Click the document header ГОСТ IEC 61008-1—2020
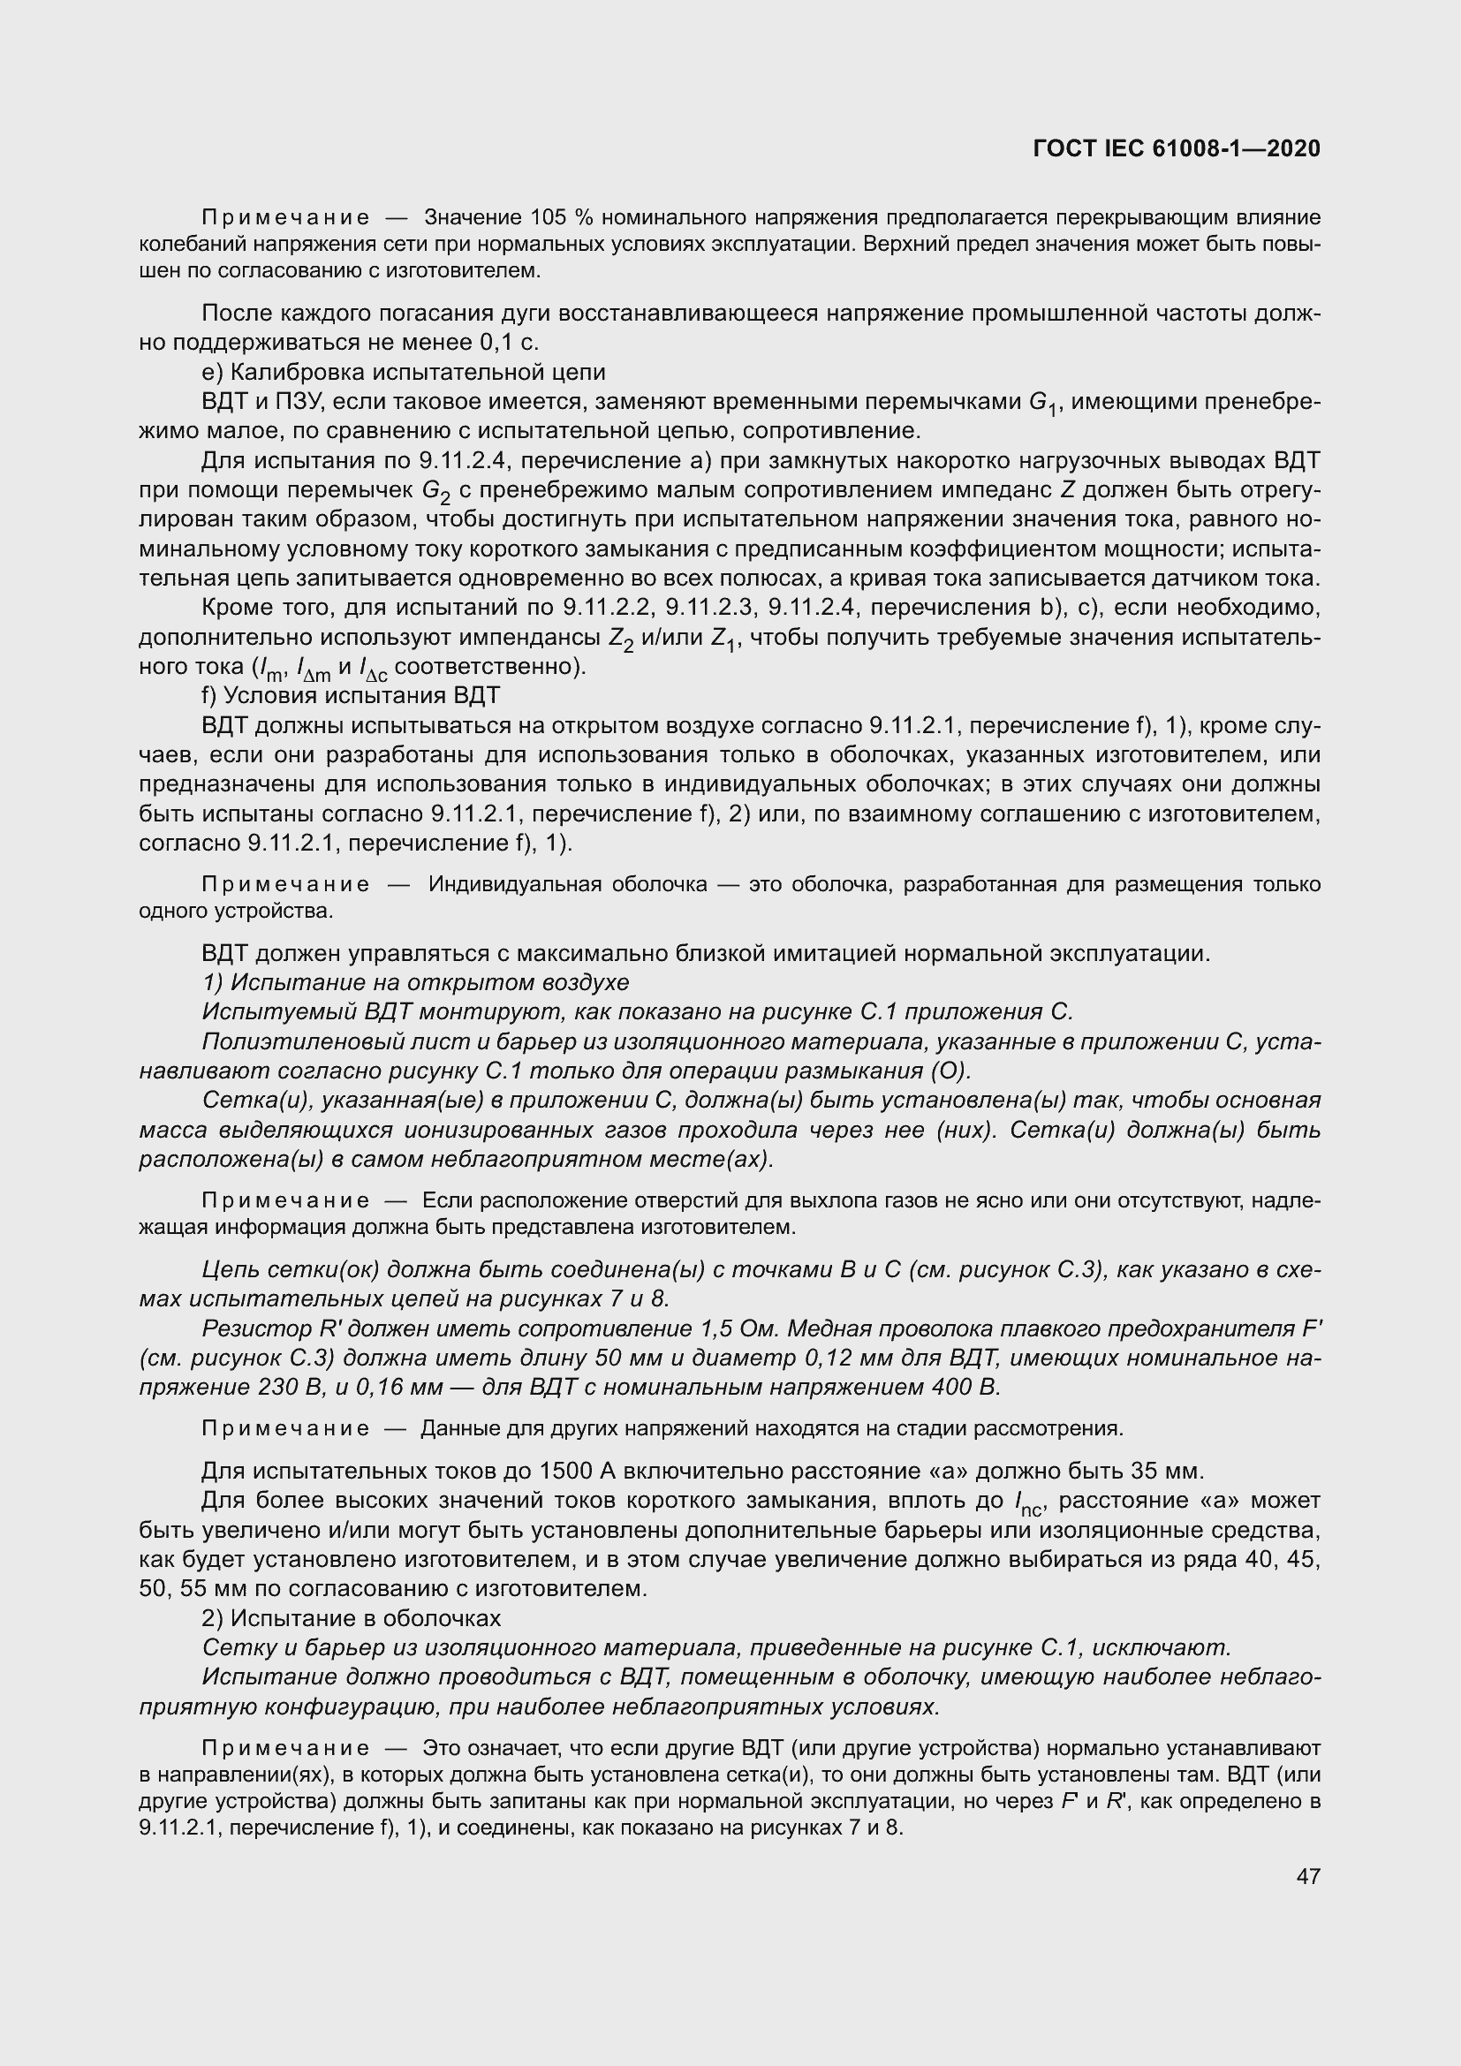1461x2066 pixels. pyautogui.click(x=1177, y=149)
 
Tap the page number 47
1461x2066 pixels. pyautogui.click(x=1308, y=1877)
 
